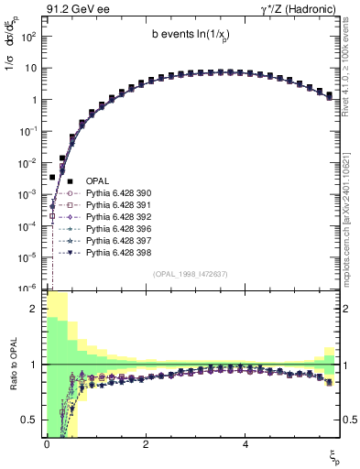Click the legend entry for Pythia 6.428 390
click(119, 194)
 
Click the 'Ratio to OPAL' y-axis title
click(14, 365)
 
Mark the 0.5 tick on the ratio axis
click(32, 420)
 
